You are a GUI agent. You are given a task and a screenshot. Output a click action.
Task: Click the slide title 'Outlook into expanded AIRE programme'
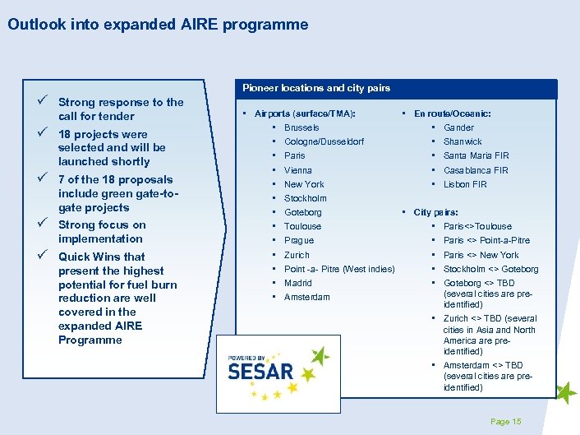158,25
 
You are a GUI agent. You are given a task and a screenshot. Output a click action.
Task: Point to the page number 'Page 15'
505,421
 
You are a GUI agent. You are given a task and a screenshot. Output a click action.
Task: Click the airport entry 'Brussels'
302,127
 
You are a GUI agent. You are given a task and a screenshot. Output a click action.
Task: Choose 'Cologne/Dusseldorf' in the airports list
324,141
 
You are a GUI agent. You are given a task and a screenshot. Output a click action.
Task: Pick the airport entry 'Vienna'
297,170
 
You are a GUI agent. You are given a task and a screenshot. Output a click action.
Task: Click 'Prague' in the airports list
298,240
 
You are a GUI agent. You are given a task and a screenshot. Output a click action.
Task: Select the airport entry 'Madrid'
297,283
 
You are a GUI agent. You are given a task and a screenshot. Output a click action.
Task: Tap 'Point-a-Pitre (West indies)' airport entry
338,269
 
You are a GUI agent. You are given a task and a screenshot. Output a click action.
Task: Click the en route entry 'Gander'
458,127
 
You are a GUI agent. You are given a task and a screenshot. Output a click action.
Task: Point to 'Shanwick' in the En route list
463,141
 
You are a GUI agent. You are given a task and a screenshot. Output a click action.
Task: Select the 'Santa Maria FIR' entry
476,155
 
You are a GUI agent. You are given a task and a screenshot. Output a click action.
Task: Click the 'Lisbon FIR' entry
465,184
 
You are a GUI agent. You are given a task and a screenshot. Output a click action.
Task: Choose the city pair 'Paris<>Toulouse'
477,226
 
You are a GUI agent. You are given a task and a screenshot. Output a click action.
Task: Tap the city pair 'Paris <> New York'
481,255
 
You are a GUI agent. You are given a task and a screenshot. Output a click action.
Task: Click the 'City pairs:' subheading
435,212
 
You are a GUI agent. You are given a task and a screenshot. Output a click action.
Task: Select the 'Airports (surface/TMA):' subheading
305,113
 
